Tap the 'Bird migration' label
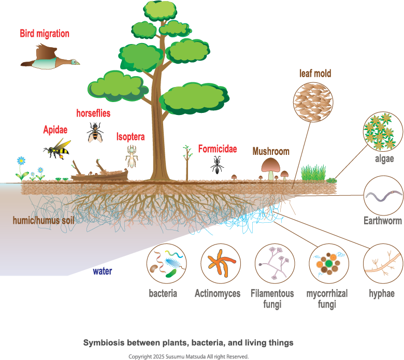45,34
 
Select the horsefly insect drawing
95,132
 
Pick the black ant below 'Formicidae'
217,165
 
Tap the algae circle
383,130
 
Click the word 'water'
103,271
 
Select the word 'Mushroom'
270,151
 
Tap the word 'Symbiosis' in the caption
104,342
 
